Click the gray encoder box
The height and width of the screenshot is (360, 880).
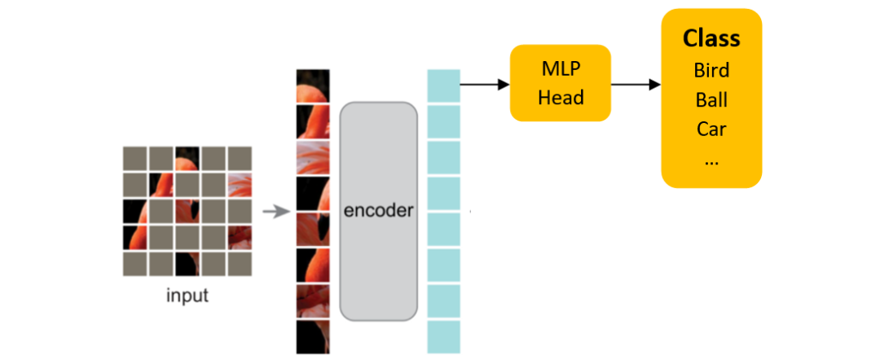pos(378,212)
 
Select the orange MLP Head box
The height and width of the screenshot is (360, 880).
pos(560,83)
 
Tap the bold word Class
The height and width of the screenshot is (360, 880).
pos(711,38)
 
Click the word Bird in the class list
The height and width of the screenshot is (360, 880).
pos(711,70)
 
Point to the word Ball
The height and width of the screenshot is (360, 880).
pos(711,100)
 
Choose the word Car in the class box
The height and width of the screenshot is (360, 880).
pos(711,130)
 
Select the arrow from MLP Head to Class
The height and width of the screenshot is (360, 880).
pos(636,85)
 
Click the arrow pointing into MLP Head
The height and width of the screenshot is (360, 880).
pos(485,85)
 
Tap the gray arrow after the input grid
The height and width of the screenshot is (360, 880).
pos(276,212)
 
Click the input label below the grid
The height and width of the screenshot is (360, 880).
pos(187,295)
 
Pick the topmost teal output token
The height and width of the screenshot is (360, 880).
pos(443,86)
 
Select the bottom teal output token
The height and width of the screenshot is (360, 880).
pos(443,337)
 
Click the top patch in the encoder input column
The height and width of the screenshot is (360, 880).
pos(313,86)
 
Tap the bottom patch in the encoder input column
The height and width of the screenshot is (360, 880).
pos(313,337)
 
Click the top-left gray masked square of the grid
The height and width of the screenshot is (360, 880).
pos(134,158)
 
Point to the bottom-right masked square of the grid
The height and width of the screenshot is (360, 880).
pos(240,264)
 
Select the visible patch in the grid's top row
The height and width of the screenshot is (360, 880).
pos(187,158)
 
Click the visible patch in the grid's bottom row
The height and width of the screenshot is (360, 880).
pos(187,264)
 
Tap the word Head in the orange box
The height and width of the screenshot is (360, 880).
pos(561,98)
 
